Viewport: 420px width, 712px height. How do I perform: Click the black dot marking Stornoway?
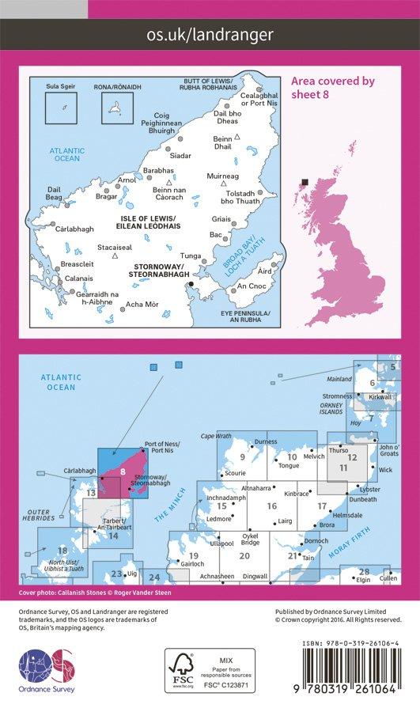pyautogui.click(x=190, y=283)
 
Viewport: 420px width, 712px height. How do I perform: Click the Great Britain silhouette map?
pyautogui.click(x=348, y=237)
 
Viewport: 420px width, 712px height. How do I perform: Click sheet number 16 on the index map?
pyautogui.click(x=271, y=506)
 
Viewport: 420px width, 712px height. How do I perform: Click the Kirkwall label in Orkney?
pyautogui.click(x=380, y=397)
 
